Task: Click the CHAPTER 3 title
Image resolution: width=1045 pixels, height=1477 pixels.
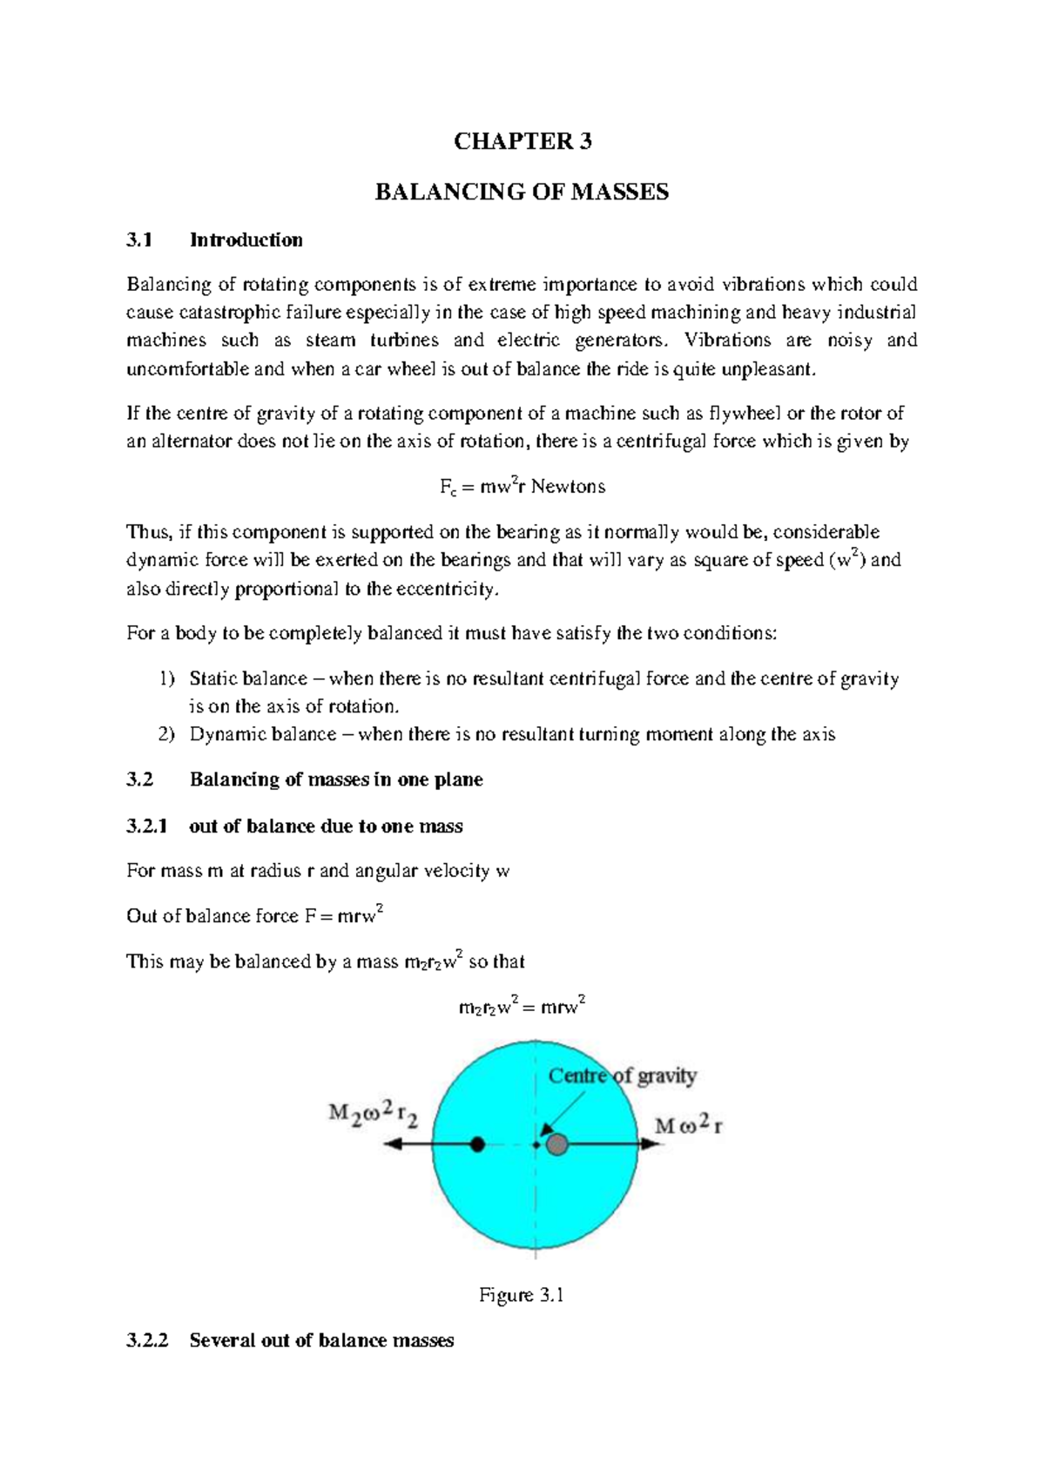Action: click(522, 142)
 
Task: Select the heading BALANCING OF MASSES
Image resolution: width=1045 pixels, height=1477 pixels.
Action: click(522, 192)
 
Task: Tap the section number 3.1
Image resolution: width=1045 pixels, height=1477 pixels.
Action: click(139, 240)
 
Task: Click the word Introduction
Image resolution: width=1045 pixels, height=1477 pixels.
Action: click(246, 240)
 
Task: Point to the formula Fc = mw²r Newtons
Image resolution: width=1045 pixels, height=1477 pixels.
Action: click(522, 487)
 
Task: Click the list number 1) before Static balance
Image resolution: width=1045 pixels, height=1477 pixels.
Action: click(166, 679)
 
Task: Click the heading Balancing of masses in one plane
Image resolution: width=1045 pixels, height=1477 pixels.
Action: click(336, 780)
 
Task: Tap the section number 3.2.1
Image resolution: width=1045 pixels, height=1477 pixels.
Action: click(146, 826)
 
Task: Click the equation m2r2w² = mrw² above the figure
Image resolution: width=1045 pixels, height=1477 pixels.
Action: click(522, 1008)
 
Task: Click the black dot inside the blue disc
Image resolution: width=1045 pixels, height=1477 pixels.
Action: click(477, 1144)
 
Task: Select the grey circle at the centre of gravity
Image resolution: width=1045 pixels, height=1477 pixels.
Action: click(557, 1144)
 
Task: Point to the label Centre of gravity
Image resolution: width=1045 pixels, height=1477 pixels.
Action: click(622, 1076)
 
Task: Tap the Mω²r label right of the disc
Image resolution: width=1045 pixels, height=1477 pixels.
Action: click(688, 1125)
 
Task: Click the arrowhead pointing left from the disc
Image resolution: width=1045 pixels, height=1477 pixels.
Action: click(393, 1144)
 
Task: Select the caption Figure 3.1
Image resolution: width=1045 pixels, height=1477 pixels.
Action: click(522, 1296)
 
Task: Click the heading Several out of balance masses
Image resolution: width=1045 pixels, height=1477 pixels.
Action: click(321, 1341)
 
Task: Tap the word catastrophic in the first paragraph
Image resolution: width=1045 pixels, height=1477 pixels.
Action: click(231, 313)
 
